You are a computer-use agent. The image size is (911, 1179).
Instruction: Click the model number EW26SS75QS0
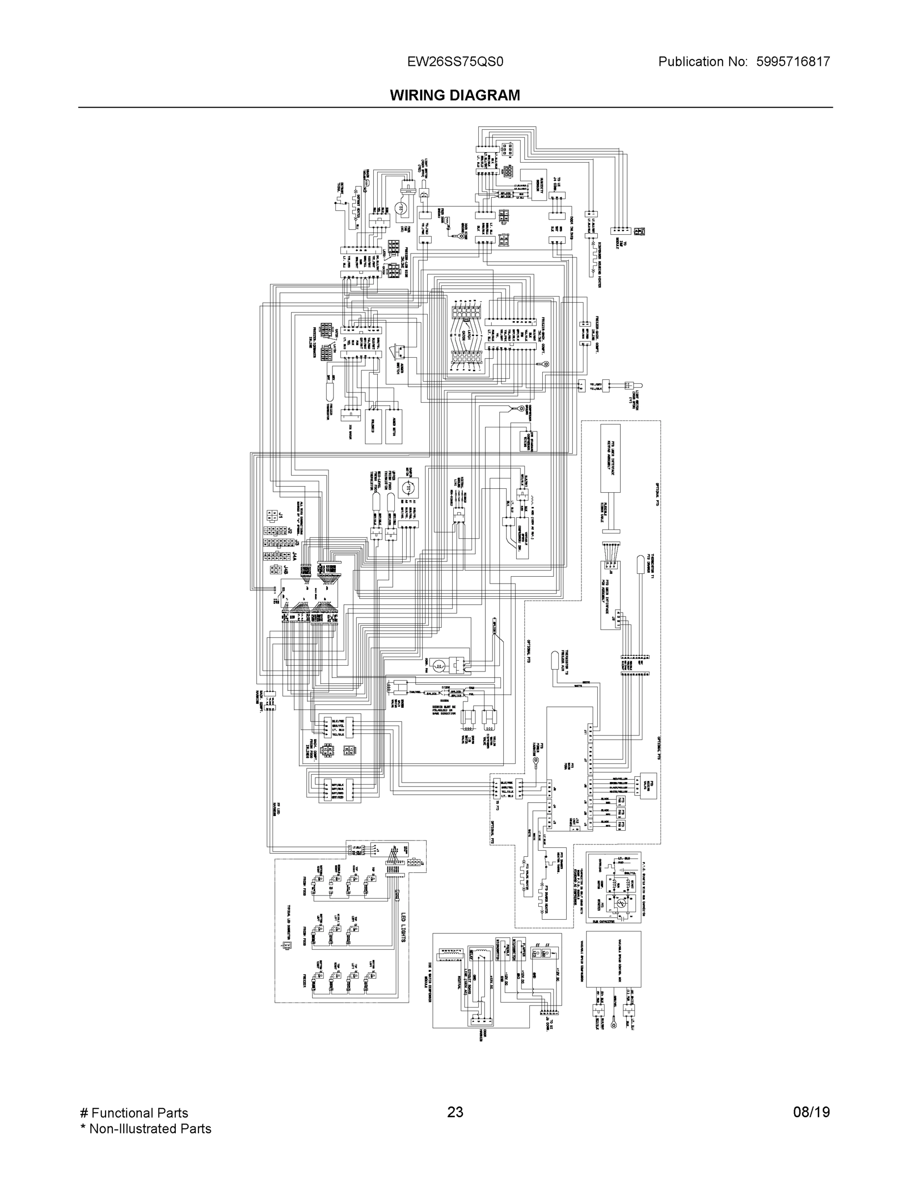[455, 62]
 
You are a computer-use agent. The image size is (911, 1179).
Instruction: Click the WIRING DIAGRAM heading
[455, 96]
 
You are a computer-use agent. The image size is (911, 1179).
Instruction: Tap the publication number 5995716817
[793, 62]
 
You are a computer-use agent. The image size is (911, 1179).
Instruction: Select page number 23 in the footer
[455, 1112]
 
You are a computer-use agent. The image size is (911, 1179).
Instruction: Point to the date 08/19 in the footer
[811, 1112]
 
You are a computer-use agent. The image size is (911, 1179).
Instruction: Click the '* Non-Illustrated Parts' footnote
[145, 1128]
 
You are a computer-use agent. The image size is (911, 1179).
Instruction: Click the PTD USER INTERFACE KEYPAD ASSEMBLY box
[610, 458]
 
